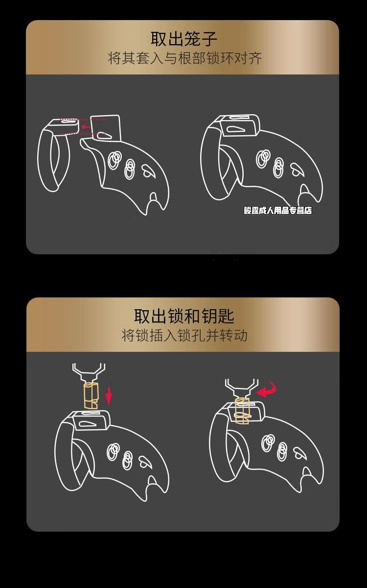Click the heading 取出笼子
183,39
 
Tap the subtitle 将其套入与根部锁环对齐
184,58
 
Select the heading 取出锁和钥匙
184,316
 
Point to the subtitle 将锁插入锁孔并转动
184,336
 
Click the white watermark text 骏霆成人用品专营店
277,211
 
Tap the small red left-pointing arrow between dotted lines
86,127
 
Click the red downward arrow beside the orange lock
109,395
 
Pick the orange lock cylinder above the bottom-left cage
90,395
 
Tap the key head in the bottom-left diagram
89,370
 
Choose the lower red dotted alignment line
81,134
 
